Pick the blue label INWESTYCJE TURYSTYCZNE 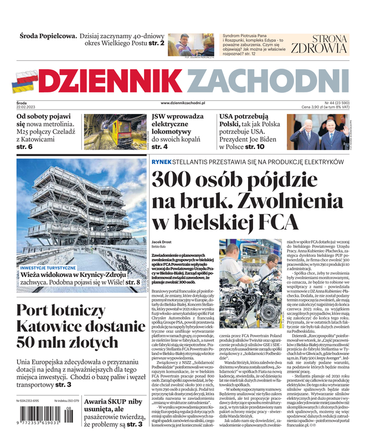pyautogui.click(x=48, y=267)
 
